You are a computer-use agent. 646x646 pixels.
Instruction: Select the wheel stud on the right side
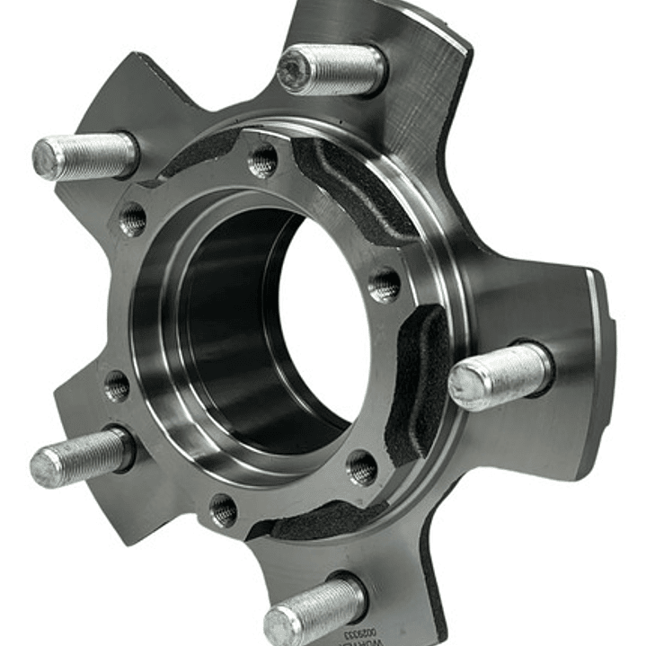tap(500, 375)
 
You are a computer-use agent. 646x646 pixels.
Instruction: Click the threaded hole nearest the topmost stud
tap(262, 162)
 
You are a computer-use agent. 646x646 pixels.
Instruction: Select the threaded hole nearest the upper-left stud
tap(133, 219)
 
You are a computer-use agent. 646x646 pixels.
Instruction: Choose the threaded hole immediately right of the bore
tap(385, 286)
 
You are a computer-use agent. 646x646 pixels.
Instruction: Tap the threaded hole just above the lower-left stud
tap(118, 386)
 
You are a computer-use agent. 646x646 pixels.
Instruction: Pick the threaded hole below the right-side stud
tap(363, 466)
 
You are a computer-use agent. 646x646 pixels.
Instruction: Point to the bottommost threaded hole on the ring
tap(224, 510)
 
